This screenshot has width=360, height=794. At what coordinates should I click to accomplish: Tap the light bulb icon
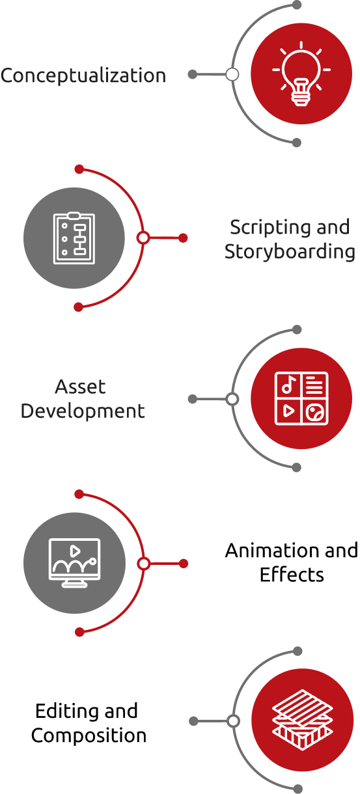[301, 74]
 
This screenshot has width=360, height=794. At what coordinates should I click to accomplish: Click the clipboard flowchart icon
[74, 238]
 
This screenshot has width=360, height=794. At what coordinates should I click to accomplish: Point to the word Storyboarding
[290, 252]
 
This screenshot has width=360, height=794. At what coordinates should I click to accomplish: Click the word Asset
[80, 387]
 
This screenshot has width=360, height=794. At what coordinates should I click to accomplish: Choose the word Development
[83, 411]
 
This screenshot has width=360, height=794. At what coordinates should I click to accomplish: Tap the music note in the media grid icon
[288, 384]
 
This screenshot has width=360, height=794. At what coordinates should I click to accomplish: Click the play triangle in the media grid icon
[288, 411]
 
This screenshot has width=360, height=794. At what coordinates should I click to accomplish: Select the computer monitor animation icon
[74, 563]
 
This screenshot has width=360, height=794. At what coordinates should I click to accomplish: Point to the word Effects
[292, 575]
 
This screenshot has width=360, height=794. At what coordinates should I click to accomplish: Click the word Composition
[89, 736]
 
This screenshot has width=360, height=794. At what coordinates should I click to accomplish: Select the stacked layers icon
[303, 720]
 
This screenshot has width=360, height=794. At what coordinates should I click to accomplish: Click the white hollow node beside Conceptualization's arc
[232, 74]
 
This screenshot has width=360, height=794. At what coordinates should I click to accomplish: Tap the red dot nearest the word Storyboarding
[183, 238]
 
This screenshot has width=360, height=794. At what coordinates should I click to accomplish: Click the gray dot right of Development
[192, 399]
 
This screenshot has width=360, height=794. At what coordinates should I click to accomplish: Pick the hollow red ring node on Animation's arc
[144, 564]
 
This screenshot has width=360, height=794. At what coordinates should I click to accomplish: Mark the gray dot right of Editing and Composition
[193, 721]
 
